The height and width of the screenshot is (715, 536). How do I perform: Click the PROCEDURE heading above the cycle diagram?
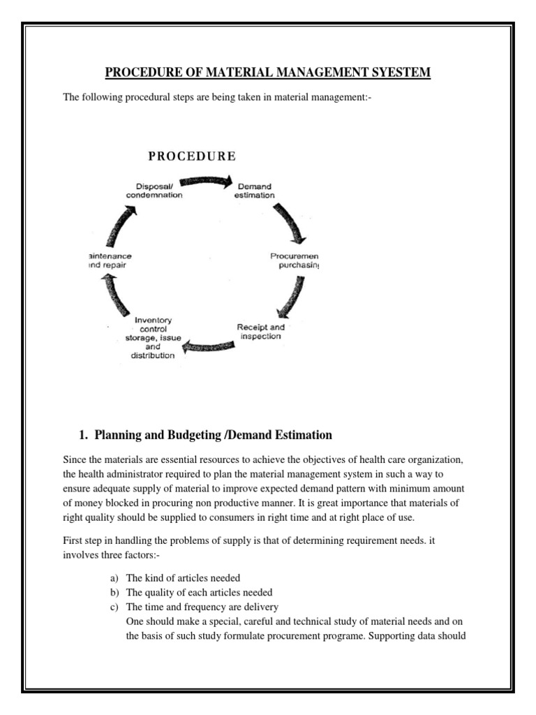pos(192,156)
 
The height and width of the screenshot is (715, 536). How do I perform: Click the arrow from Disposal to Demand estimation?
pos(209,183)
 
